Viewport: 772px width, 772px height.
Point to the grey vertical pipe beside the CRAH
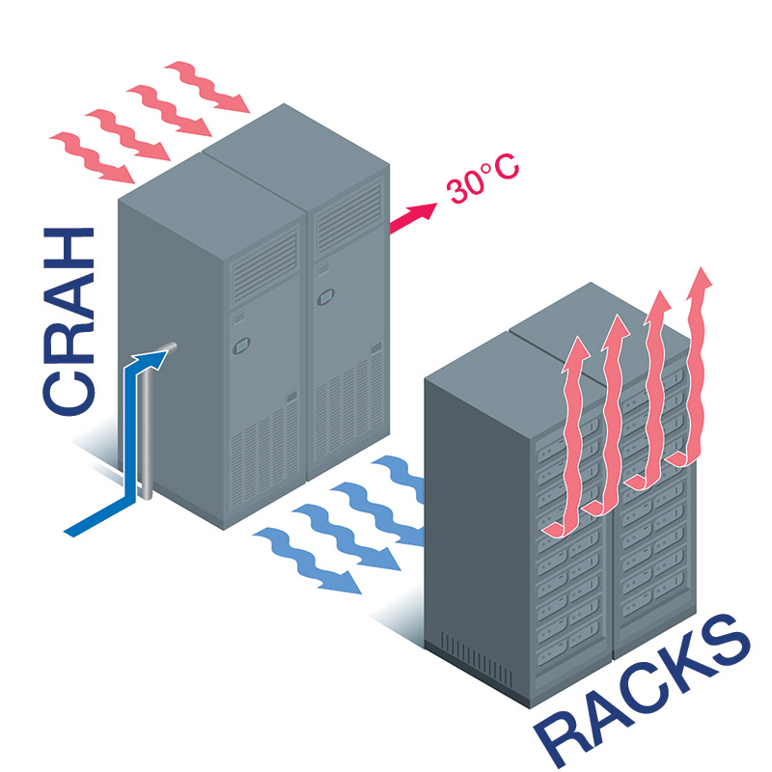146,425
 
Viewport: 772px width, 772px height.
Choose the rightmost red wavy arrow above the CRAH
207,87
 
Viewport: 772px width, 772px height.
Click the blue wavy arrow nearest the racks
396,478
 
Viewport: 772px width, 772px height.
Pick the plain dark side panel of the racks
473,502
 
